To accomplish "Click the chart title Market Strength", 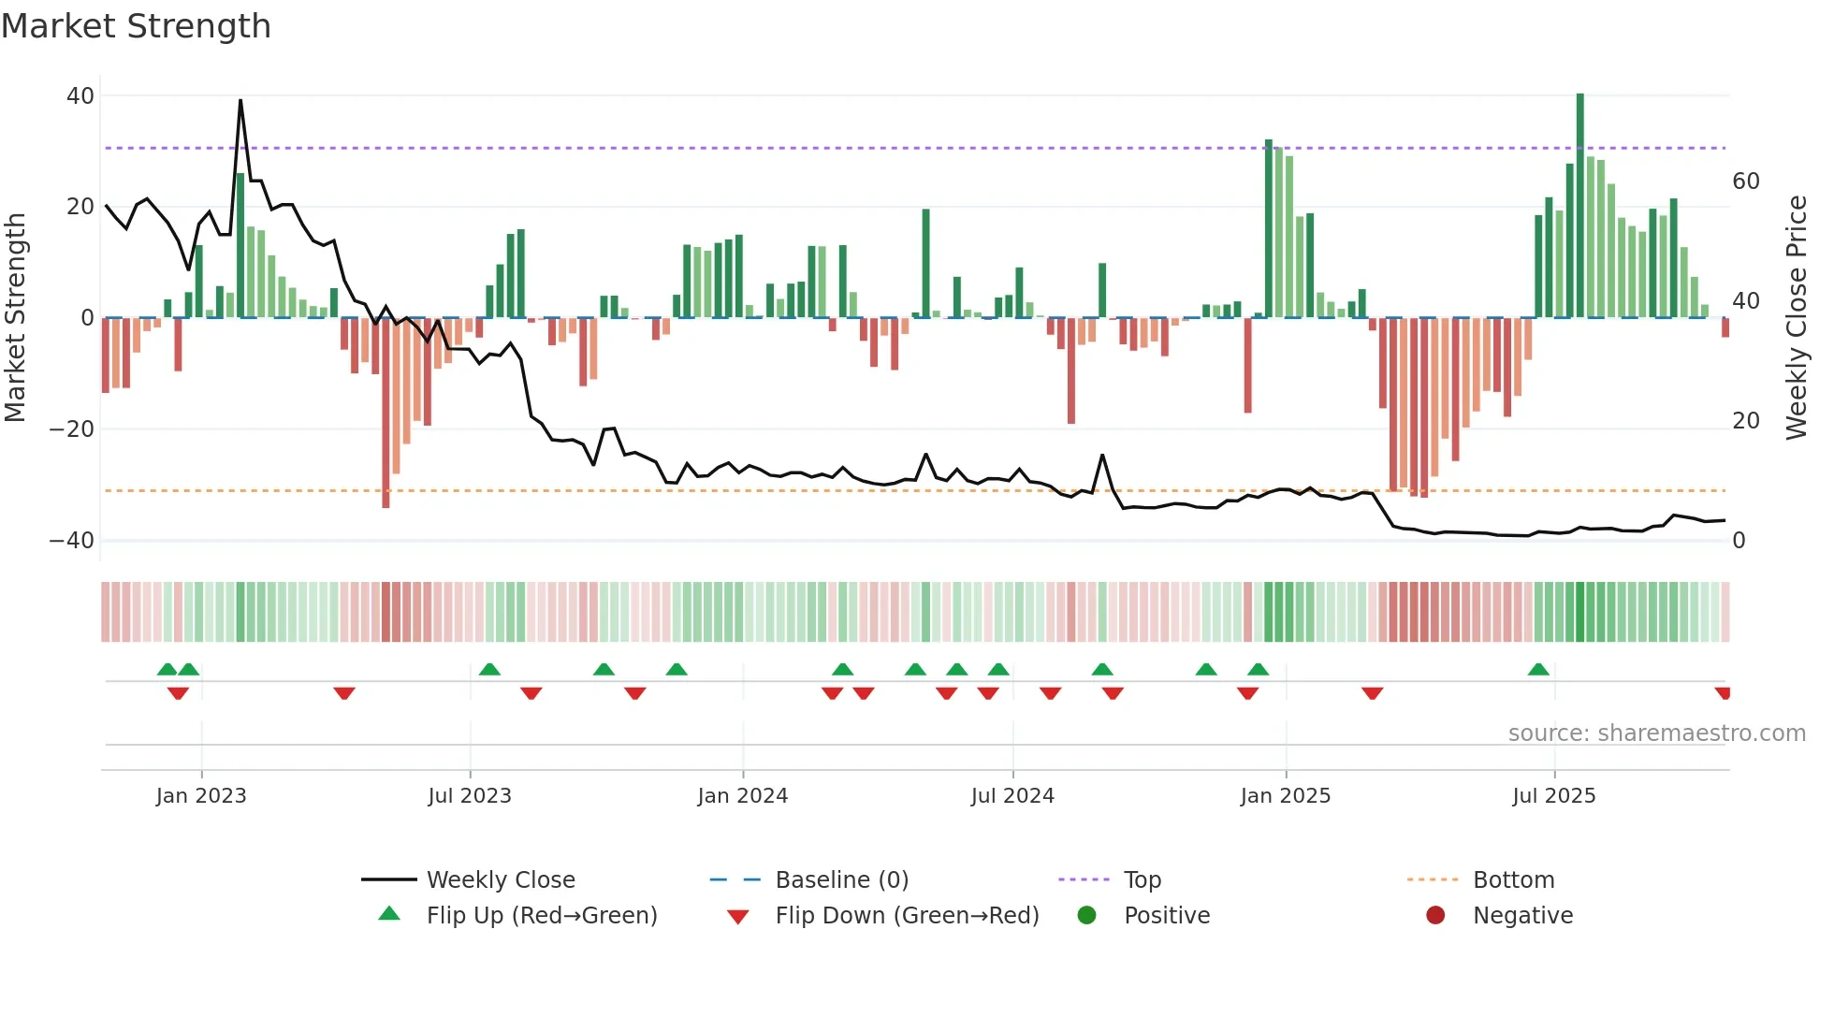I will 136,26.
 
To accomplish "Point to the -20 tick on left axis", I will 71,429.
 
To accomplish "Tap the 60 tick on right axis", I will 1745,182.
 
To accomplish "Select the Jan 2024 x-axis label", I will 742,796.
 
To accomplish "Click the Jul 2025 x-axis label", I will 1553,796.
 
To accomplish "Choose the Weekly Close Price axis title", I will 1796,318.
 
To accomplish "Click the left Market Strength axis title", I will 16,318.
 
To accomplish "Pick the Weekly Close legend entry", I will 501,880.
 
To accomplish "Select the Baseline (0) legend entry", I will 841,880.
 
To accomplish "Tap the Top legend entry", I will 1142,880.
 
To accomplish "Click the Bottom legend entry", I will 1513,880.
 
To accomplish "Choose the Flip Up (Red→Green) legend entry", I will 542,916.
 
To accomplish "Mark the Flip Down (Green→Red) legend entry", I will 907,916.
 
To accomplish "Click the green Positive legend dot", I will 1086,916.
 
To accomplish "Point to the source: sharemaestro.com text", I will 1656,733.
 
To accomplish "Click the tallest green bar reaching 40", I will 1580,206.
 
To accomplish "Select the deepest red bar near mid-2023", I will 386,412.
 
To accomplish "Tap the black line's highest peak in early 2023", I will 240,101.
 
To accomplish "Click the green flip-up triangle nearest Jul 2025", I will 1538,670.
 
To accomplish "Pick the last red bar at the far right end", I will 1725,327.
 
